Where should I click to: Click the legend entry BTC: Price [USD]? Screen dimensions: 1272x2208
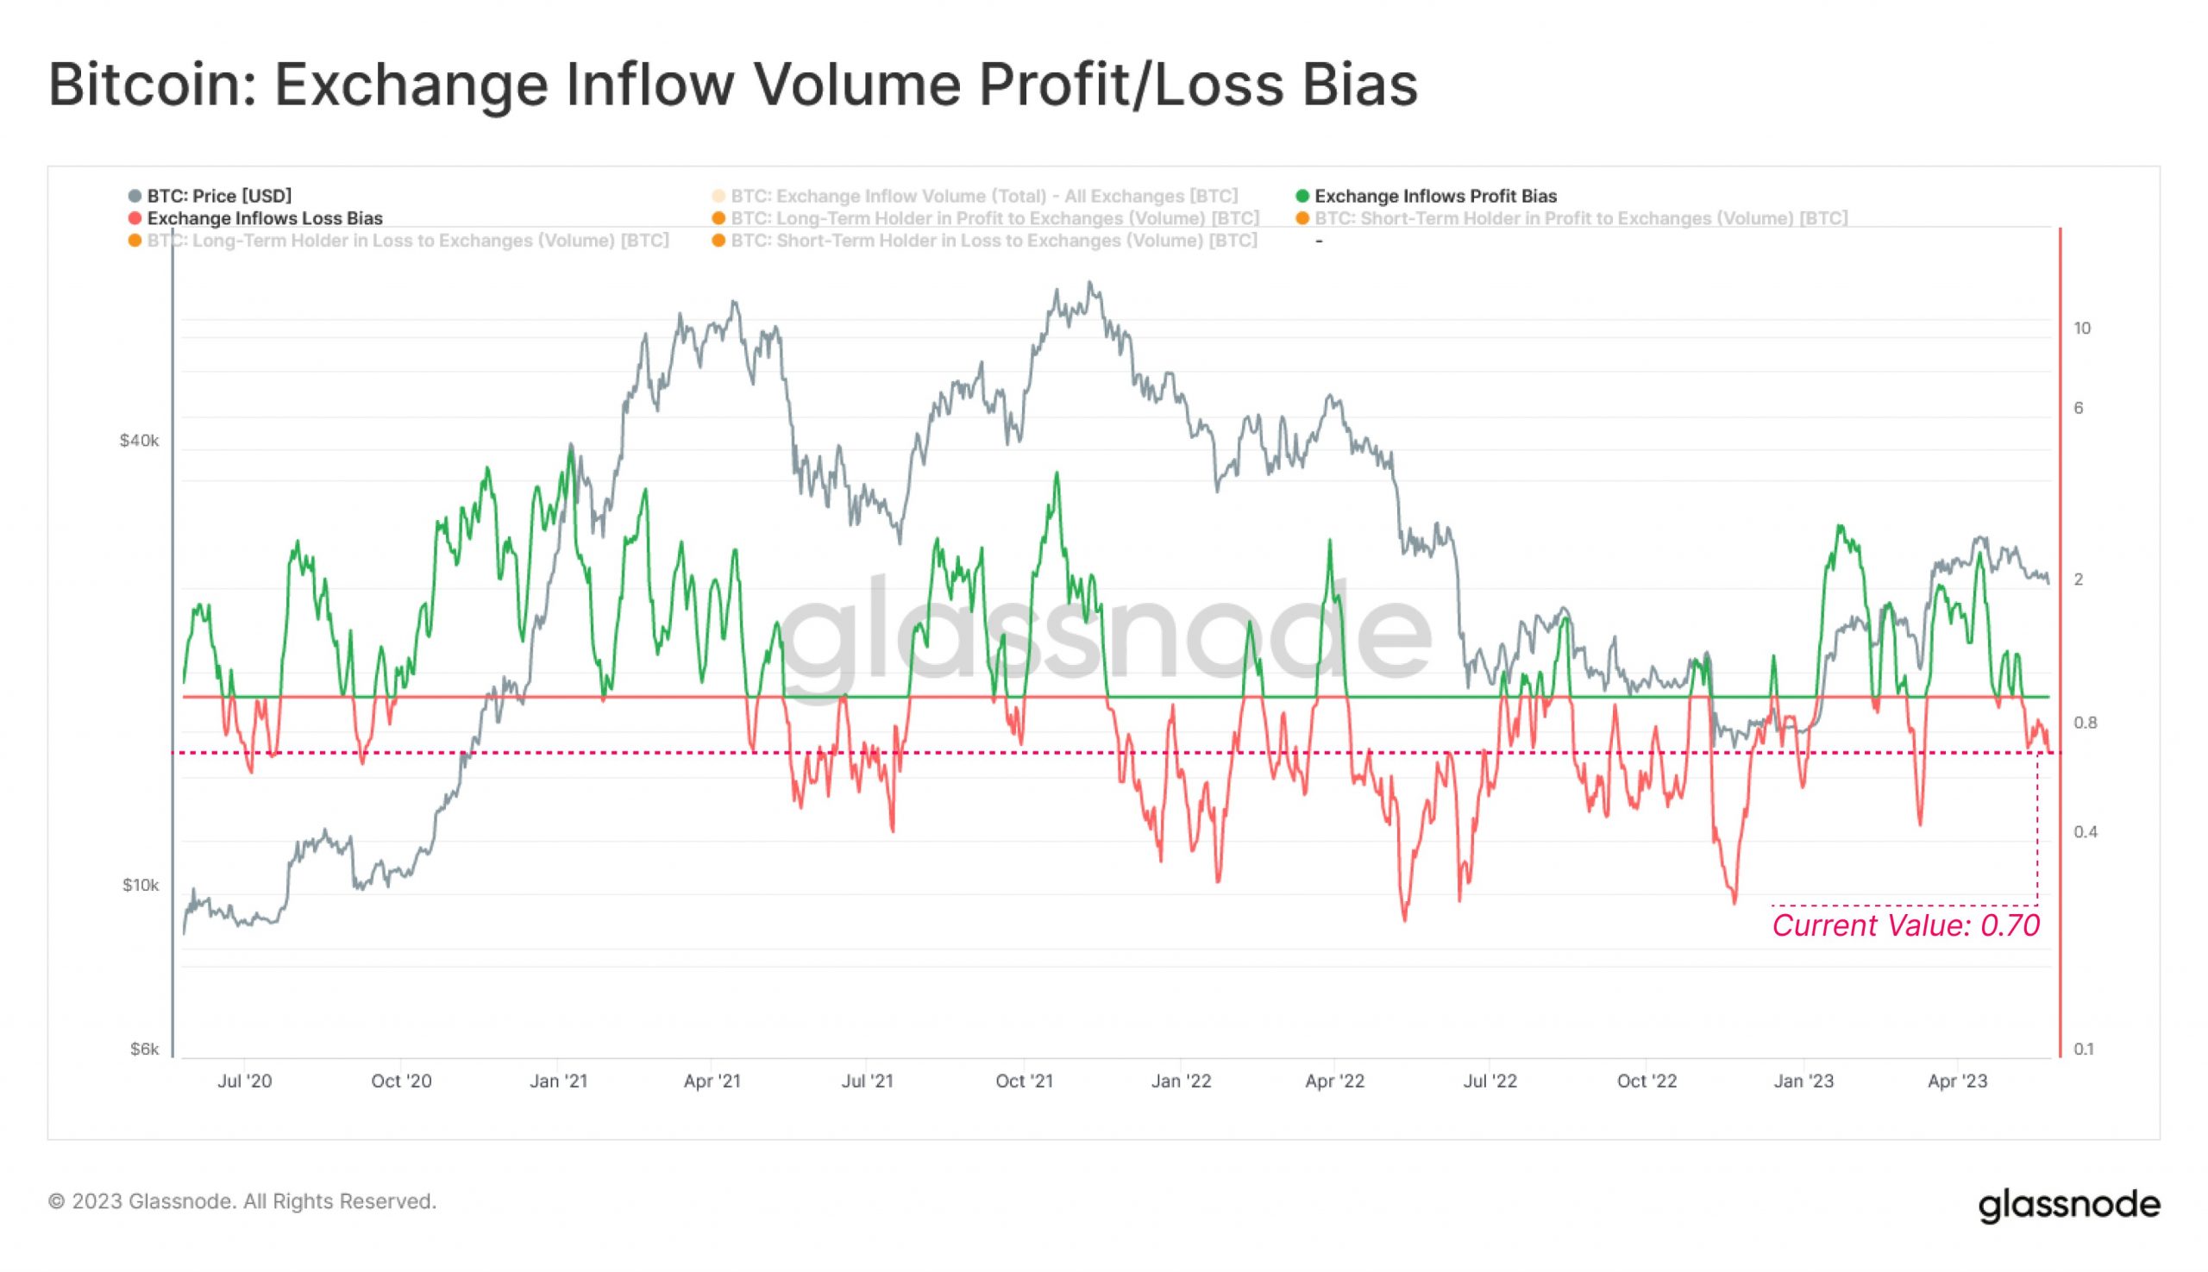click(218, 196)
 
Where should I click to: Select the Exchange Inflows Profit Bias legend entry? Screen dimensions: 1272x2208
click(1434, 196)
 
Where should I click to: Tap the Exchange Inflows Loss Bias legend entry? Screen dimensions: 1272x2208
click(264, 218)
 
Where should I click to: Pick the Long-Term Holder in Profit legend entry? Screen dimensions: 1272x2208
click(994, 218)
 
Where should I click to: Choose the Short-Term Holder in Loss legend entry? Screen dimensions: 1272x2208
click(993, 241)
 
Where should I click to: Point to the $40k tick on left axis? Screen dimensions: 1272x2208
click(140, 441)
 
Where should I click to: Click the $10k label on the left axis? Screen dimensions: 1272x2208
click(141, 885)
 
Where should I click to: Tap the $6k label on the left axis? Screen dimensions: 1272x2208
click(144, 1049)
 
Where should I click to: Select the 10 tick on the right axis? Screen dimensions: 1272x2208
click(2082, 329)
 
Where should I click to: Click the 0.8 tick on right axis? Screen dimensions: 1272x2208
click(2085, 723)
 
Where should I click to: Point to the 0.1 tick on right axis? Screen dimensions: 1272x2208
click(2084, 1049)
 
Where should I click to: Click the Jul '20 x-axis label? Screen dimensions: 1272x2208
click(245, 1081)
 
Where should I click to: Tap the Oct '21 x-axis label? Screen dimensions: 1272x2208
click(1024, 1081)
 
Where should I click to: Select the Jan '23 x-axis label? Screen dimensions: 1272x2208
click(1803, 1081)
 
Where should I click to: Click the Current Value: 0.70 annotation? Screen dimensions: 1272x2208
click(1904, 925)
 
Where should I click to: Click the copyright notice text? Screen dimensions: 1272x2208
click(242, 1201)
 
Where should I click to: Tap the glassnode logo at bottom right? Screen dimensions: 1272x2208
click(2068, 1204)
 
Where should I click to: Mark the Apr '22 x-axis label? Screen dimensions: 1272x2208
click(1334, 1081)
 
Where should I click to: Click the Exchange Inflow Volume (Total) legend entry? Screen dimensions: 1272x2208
click(984, 196)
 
